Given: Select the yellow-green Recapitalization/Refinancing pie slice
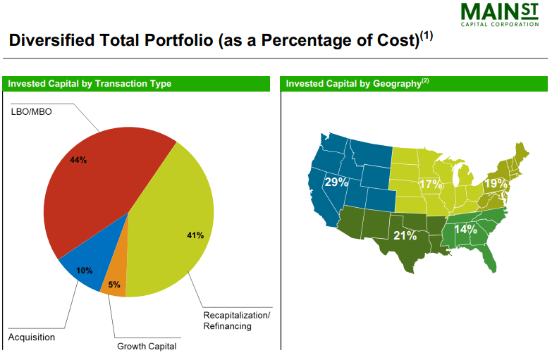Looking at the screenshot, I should pyautogui.click(x=173, y=225).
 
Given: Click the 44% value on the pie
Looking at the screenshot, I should pyautogui.click(x=78, y=160).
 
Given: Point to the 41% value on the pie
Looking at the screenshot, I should pyautogui.click(x=195, y=235).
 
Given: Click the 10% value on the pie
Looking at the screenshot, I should pyautogui.click(x=85, y=271).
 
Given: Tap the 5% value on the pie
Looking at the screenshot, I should pyautogui.click(x=114, y=285).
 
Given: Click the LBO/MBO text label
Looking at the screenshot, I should pyautogui.click(x=31, y=111).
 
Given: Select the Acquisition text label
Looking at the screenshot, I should pyautogui.click(x=31, y=337).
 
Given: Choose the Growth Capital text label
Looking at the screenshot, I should pyautogui.click(x=147, y=346).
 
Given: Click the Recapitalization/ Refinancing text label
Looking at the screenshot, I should pyautogui.click(x=236, y=320).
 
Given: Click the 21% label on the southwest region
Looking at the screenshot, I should pyautogui.click(x=405, y=235).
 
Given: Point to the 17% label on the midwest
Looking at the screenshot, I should pyautogui.click(x=431, y=185).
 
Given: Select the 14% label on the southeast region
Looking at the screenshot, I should pyautogui.click(x=465, y=229).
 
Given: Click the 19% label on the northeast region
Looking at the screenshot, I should pyautogui.click(x=496, y=184).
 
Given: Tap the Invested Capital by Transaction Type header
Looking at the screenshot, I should pyautogui.click(x=90, y=84).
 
